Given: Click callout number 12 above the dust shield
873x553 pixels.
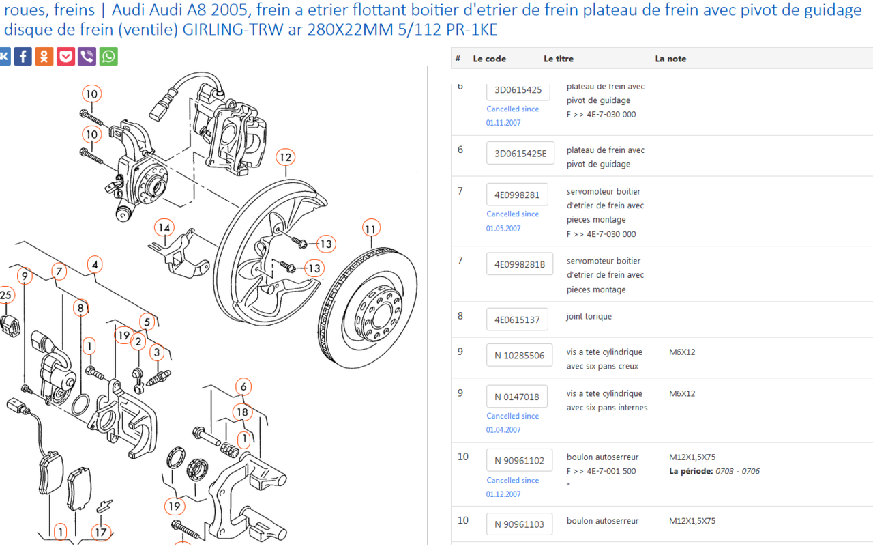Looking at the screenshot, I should pyautogui.click(x=285, y=158).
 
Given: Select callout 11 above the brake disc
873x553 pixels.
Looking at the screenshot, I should pyautogui.click(x=370, y=228).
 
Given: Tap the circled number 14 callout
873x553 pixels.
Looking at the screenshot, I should pyautogui.click(x=164, y=227).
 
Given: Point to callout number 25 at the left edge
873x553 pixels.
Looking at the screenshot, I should pyautogui.click(x=5, y=295).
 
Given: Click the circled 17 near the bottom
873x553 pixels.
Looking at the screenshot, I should pyautogui.click(x=101, y=532).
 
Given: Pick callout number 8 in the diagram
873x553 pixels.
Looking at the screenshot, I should pyautogui.click(x=80, y=308).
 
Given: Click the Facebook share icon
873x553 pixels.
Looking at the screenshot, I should pyautogui.click(x=23, y=56).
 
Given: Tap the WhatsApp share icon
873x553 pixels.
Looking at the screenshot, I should pyautogui.click(x=108, y=56).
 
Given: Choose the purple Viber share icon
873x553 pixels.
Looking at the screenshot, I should pyautogui.click(x=87, y=56).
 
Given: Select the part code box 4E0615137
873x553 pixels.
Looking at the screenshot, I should pyautogui.click(x=517, y=320).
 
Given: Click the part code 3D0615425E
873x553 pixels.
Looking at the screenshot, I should pyautogui.click(x=520, y=154).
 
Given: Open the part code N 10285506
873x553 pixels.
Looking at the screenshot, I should pyautogui.click(x=519, y=355).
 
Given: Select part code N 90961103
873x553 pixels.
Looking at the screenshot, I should pyautogui.click(x=519, y=524).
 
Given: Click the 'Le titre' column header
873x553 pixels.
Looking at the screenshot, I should pyautogui.click(x=559, y=59).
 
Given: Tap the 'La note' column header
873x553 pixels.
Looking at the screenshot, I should pyautogui.click(x=670, y=59).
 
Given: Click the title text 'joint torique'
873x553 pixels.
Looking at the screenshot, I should pyautogui.click(x=589, y=316).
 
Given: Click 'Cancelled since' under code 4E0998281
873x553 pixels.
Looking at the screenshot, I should pyautogui.click(x=512, y=214).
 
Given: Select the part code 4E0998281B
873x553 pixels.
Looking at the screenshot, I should pyautogui.click(x=520, y=264).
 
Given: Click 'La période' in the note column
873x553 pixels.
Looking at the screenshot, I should pyautogui.click(x=690, y=471).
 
